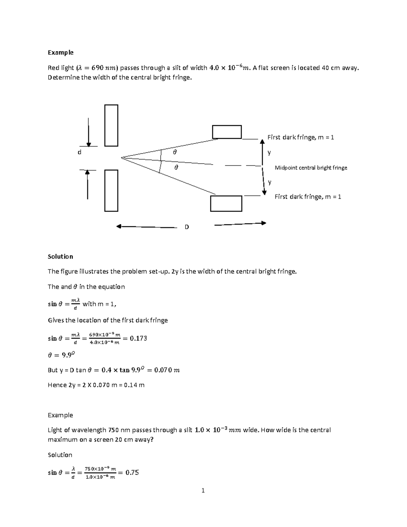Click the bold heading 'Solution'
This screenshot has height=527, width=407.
pos(60,257)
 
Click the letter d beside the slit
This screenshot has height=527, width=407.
pos(79,152)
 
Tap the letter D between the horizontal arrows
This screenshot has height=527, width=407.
pos(187,227)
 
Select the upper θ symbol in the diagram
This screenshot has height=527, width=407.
pos(175,152)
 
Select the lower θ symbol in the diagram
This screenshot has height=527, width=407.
pos(176,168)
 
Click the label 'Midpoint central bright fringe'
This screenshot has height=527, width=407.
pos(311,168)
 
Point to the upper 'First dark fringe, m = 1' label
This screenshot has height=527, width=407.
pos(301,137)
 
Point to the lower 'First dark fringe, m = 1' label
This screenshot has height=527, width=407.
pos(308,197)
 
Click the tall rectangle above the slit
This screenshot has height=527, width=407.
pos(111,126)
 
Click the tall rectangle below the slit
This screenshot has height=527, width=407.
pos(111,191)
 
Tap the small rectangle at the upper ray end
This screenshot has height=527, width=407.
pos(227,132)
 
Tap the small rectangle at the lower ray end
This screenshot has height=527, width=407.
pos(226,204)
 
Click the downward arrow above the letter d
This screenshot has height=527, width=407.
pos(89,132)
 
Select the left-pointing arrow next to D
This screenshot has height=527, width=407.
pos(146,227)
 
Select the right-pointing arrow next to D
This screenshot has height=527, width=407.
pos(240,224)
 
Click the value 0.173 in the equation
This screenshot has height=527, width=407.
pos(138,338)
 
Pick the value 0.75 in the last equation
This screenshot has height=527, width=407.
pos(132,472)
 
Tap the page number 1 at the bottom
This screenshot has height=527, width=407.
pos(203,491)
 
